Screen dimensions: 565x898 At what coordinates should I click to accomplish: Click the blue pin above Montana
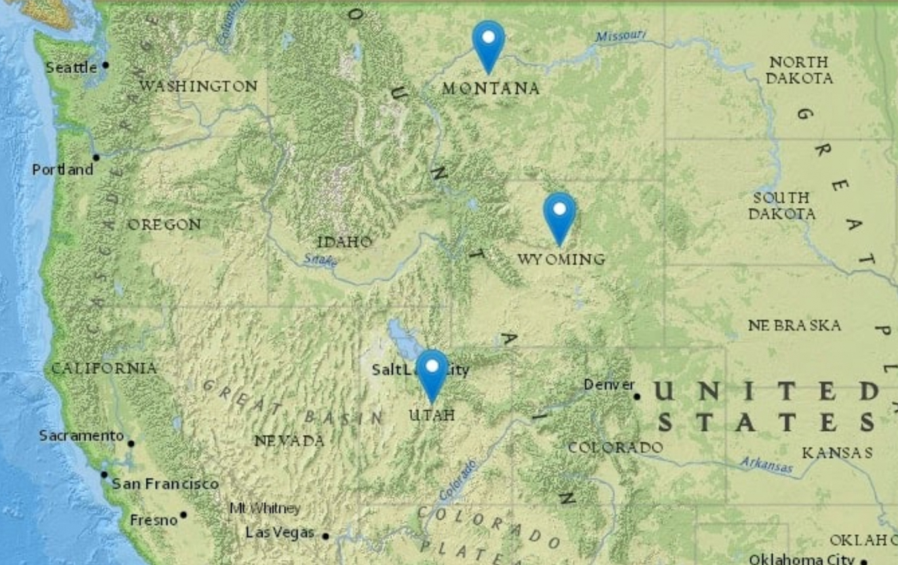pyautogui.click(x=488, y=43)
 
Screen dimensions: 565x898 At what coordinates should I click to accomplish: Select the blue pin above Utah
pyautogui.click(x=432, y=372)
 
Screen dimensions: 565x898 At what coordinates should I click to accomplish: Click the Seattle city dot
pyautogui.click(x=106, y=65)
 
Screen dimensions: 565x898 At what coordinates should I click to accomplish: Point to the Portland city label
pyautogui.click(x=62, y=170)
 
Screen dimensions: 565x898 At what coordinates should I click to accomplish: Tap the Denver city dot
pyautogui.click(x=636, y=396)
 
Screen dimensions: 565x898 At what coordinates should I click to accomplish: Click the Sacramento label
pyautogui.click(x=81, y=435)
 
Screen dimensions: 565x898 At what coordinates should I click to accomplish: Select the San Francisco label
pyautogui.click(x=165, y=484)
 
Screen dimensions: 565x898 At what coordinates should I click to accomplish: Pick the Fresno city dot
pyautogui.click(x=184, y=515)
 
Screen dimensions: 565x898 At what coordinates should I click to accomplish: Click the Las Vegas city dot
pyautogui.click(x=325, y=536)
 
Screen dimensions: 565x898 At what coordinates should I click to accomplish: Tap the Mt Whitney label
pyautogui.click(x=265, y=508)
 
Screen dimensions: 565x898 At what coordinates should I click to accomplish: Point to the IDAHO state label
pyautogui.click(x=344, y=242)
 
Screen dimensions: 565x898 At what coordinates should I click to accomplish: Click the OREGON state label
pyautogui.click(x=164, y=225)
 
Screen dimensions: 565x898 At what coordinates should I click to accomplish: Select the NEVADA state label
pyautogui.click(x=289, y=441)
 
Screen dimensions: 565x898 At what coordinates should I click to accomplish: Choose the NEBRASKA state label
pyautogui.click(x=794, y=325)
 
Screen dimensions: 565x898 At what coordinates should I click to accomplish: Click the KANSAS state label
pyautogui.click(x=837, y=453)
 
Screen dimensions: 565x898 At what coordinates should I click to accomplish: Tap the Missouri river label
pyautogui.click(x=620, y=35)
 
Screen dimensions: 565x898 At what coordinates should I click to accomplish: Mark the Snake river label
pyautogui.click(x=321, y=260)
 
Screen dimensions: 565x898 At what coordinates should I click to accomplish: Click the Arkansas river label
pyautogui.click(x=766, y=465)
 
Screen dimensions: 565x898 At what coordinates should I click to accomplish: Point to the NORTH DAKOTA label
pyautogui.click(x=799, y=70)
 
